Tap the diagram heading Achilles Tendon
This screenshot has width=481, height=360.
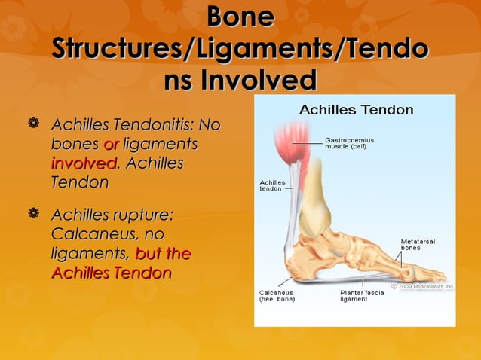coord(356,110)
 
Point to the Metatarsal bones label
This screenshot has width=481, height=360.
coord(415,244)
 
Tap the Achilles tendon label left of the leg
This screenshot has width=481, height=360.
coord(271,185)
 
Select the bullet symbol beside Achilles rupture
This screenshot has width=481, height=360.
coord(32,216)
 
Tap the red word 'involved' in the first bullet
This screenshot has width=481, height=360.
coord(83,163)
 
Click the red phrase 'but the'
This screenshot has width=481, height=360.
coord(162,254)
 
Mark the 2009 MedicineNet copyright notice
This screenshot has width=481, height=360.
coord(421,286)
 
